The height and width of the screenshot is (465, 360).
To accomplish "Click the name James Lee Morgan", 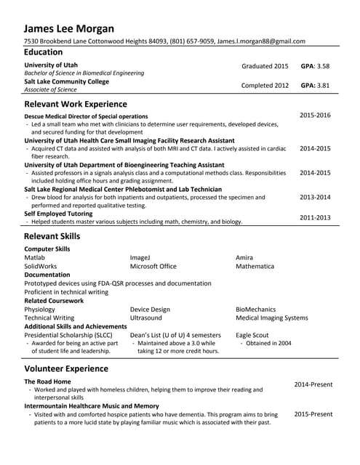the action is [x=69, y=28].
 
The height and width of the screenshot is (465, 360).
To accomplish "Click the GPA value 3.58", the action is [x=323, y=66].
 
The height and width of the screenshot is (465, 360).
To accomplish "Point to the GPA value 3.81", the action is [x=323, y=85].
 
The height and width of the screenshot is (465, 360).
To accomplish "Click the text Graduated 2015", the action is [x=265, y=66].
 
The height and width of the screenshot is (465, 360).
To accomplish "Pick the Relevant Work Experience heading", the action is [x=76, y=104].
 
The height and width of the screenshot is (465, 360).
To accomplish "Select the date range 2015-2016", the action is [x=315, y=116].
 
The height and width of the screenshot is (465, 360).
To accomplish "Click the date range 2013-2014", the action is [x=315, y=197].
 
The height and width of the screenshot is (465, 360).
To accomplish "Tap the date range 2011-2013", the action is [x=315, y=217].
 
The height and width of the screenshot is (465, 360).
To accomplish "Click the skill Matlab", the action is [x=34, y=258].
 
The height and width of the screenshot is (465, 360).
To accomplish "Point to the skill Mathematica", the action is [x=255, y=267].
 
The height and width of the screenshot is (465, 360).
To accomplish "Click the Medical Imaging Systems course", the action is [x=272, y=318].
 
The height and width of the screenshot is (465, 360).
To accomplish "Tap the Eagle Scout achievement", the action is [x=252, y=335].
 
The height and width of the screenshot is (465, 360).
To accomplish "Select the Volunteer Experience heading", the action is [x=66, y=368].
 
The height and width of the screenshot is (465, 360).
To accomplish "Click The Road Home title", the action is [x=47, y=381].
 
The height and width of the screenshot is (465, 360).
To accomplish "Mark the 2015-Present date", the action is [x=313, y=414].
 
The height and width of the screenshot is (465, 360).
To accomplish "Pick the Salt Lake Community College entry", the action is [x=66, y=81].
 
